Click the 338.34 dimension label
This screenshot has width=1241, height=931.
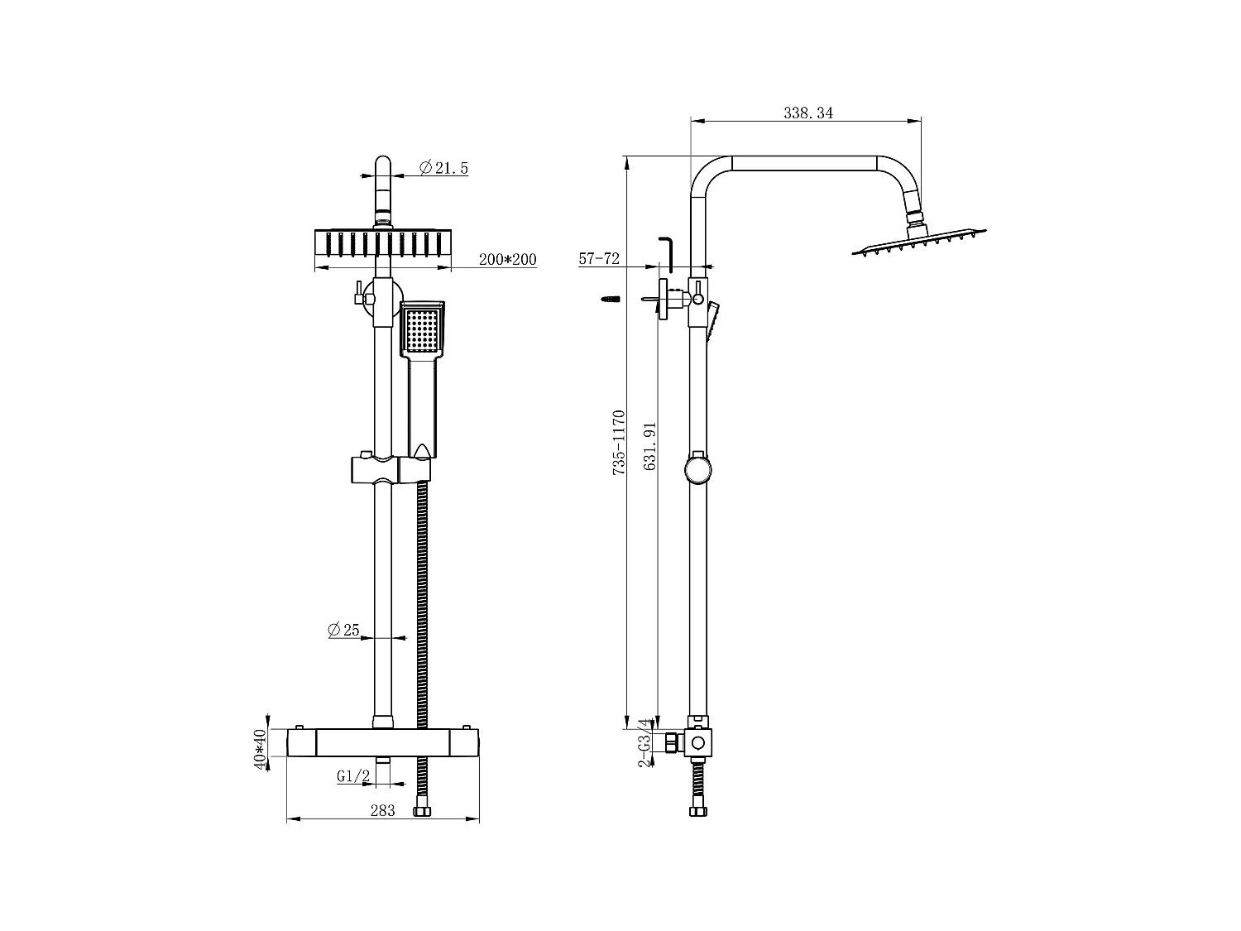[x=807, y=113]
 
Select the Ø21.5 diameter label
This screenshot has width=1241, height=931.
[x=444, y=168]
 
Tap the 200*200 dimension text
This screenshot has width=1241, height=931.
[x=508, y=260]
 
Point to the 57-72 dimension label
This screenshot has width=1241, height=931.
[x=599, y=259]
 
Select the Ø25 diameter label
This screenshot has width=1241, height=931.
[x=343, y=631]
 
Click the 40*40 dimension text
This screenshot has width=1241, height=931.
[x=260, y=750]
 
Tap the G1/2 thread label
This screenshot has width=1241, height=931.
[x=352, y=776]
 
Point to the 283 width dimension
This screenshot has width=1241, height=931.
[x=382, y=811]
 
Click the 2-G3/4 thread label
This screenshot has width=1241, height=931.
[x=644, y=742]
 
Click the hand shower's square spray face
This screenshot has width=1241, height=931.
[x=422, y=331]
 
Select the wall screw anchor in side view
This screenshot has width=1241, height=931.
[x=611, y=299]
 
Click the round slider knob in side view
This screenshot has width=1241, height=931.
[x=697, y=469]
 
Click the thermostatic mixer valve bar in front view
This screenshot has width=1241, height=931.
[x=382, y=741]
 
